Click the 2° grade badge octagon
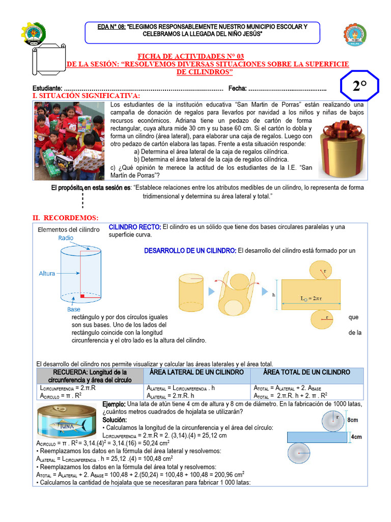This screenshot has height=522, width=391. point(359,87)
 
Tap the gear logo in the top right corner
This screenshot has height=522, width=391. point(355,35)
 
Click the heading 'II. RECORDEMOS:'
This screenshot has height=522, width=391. point(65,218)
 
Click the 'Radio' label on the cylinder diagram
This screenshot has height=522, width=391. point(66,238)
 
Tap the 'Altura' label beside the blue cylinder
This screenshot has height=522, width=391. point(47,274)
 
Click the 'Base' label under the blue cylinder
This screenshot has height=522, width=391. point(73,309)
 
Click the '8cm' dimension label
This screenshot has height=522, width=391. point(353,420)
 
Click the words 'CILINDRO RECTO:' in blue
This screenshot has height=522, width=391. point(135,227)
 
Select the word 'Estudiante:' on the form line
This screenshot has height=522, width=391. point(47,88)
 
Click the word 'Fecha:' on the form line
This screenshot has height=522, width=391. point(237,88)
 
